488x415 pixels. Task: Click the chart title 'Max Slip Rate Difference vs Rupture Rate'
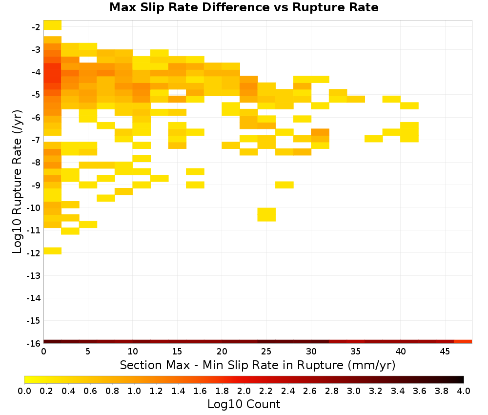pyautogui.click(x=244, y=7)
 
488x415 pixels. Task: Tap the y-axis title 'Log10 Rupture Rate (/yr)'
pyautogui.click(x=18, y=182)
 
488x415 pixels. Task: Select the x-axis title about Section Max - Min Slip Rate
pyautogui.click(x=257, y=365)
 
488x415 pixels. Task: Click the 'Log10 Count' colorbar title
pyautogui.click(x=244, y=404)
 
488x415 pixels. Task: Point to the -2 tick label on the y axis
pyautogui.click(x=36, y=27)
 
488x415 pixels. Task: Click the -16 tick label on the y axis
pyautogui.click(x=34, y=343)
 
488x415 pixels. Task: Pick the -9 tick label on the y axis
pyautogui.click(x=36, y=185)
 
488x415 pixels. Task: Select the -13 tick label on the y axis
pyautogui.click(x=34, y=275)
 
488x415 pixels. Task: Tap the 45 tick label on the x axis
pyautogui.click(x=445, y=352)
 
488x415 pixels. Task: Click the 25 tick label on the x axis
pyautogui.click(x=266, y=352)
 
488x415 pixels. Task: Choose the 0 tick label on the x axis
pyautogui.click(x=43, y=352)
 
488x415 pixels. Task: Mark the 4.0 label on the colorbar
pyautogui.click(x=464, y=391)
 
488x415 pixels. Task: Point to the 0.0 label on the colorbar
pyautogui.click(x=24, y=391)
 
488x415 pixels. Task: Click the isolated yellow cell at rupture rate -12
pyautogui.click(x=53, y=250)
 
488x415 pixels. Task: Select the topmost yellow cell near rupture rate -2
pyautogui.click(x=53, y=25)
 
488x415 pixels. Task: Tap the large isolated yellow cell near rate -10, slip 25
pyautogui.click(x=266, y=214)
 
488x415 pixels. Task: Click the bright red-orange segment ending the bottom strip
pyautogui.click(x=463, y=342)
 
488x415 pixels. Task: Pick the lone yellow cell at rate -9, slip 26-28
pyautogui.click(x=285, y=185)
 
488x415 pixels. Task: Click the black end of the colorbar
pyautogui.click(x=462, y=379)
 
